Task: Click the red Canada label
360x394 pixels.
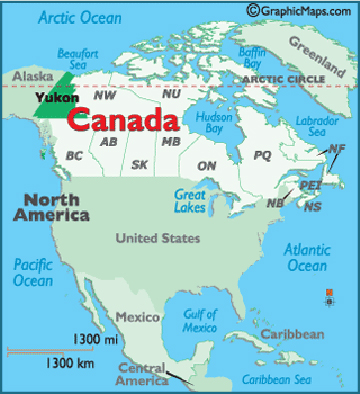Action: tap(122, 121)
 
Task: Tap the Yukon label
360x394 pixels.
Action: tap(49, 98)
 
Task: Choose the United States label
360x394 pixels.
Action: tap(158, 238)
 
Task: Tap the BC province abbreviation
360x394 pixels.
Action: tap(74, 156)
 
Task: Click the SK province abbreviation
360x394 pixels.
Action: tap(140, 164)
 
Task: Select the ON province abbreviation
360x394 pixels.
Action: tap(207, 165)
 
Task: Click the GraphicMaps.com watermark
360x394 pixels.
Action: tap(300, 10)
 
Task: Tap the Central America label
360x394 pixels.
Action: tap(143, 375)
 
